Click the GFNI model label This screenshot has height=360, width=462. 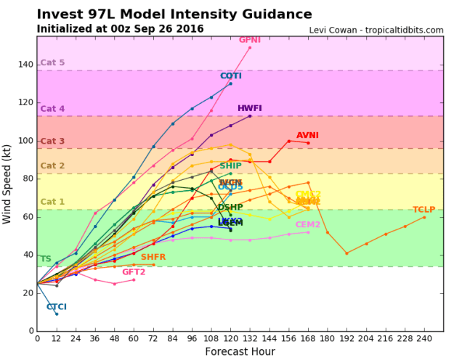point(250,40)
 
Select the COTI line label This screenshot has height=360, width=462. point(231,76)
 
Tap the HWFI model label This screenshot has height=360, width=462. point(250,108)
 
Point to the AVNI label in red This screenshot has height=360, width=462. point(308,135)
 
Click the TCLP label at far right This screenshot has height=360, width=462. point(424,210)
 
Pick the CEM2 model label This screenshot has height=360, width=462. point(308,225)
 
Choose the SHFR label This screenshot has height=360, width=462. point(153,257)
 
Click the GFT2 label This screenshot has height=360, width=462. point(134,272)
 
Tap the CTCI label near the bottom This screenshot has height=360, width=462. point(57,307)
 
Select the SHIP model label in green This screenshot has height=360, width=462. point(231,166)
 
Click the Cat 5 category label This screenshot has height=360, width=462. point(52,63)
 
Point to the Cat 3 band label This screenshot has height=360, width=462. point(52,142)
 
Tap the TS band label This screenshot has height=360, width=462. point(45,259)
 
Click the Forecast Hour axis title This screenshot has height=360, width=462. point(240,351)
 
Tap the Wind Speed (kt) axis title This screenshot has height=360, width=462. point(9,183)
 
